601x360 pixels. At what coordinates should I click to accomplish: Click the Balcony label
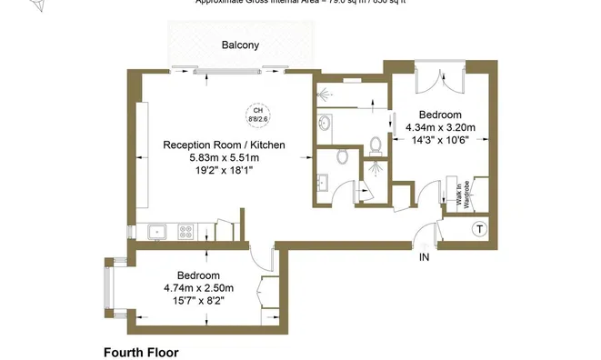[x=240, y=45]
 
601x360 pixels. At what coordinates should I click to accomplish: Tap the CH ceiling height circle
[x=258, y=115]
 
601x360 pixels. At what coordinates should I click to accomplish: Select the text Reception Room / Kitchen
[x=224, y=145]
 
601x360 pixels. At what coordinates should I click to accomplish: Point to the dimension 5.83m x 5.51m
[x=224, y=156]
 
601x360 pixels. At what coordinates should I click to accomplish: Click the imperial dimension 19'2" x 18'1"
[x=224, y=169]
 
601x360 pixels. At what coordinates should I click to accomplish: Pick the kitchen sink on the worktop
[x=156, y=231]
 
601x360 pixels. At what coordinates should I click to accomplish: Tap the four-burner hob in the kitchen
[x=187, y=231]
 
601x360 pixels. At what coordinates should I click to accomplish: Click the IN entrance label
[x=423, y=258]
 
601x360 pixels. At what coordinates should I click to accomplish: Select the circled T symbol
[x=479, y=229]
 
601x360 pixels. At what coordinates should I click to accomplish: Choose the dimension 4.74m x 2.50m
[x=197, y=288]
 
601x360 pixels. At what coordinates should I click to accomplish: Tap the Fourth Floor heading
[x=140, y=352]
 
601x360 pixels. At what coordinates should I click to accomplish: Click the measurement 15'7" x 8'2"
[x=197, y=300]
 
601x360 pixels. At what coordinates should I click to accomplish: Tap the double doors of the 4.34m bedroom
[x=434, y=80]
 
